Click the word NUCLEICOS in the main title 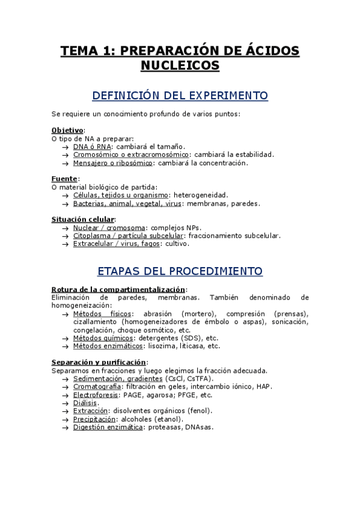(180, 65)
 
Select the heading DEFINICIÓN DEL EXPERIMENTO (180, 96)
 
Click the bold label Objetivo (67, 130)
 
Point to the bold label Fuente (64, 179)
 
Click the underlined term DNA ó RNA (91, 146)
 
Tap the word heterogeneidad (201, 195)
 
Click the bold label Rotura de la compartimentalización (119, 289)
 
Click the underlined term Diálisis (87, 403)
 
